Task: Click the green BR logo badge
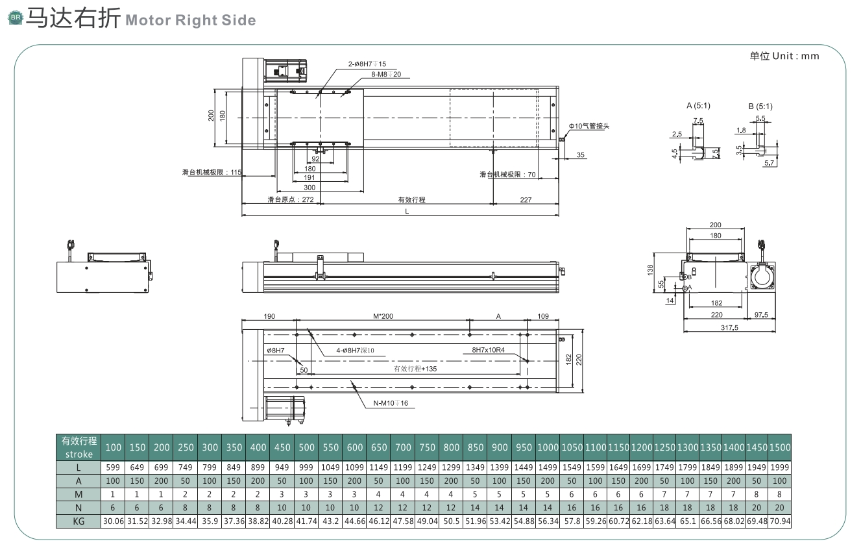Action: (16, 18)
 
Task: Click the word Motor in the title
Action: (148, 20)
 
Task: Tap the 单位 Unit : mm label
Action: (784, 56)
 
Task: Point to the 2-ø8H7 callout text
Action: (367, 64)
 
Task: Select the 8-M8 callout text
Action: (386, 74)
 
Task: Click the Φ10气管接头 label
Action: (589, 126)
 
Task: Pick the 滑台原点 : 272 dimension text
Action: (291, 199)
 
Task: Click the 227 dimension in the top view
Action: (526, 200)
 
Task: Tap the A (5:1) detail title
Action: (698, 105)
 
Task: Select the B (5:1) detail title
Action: (760, 106)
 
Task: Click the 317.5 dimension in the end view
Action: (729, 328)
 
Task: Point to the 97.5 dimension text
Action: (760, 315)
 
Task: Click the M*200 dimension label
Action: (383, 316)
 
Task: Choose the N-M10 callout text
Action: (391, 403)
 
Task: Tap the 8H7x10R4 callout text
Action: (488, 350)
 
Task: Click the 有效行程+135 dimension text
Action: (415, 369)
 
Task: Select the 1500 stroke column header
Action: (779, 447)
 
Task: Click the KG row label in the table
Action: (79, 521)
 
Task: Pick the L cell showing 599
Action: (113, 467)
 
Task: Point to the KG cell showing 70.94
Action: (779, 521)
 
